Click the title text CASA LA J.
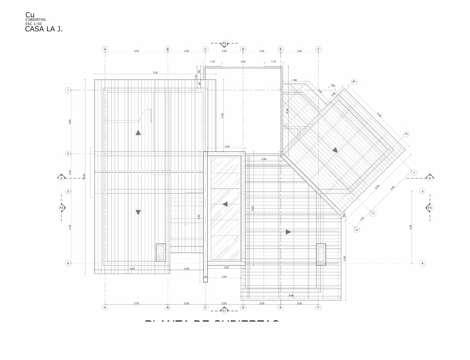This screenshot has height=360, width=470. [x=44, y=29]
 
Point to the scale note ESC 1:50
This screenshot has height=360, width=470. [x=34, y=24]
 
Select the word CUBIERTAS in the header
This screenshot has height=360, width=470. [x=35, y=20]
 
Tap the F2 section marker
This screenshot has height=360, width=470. [x=224, y=43]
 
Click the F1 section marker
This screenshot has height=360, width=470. [x=224, y=311]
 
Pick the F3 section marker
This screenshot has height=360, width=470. [x=430, y=208]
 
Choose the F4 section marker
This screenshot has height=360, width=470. [x=61, y=208]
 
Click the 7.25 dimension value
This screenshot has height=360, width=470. [x=155, y=73]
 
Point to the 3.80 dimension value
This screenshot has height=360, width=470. [x=70, y=122]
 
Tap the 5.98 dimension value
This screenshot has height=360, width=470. [x=291, y=296]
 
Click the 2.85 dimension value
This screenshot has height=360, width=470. [x=243, y=62]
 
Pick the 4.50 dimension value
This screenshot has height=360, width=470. [x=132, y=269]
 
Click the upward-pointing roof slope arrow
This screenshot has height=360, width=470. [x=138, y=133]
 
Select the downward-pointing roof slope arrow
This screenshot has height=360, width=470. [x=138, y=213]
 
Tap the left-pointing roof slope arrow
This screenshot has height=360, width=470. [x=224, y=204]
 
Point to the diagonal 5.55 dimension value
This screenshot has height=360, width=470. [x=377, y=187]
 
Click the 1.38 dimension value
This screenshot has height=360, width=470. [x=294, y=80]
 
